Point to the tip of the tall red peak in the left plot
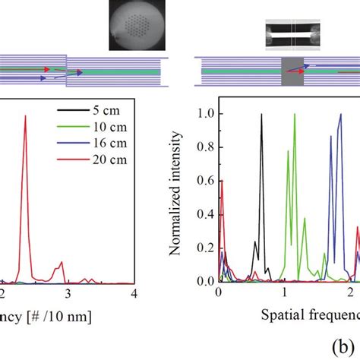pos(27,116)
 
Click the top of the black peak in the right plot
pos(261,114)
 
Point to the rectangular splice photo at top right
pos(290,34)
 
